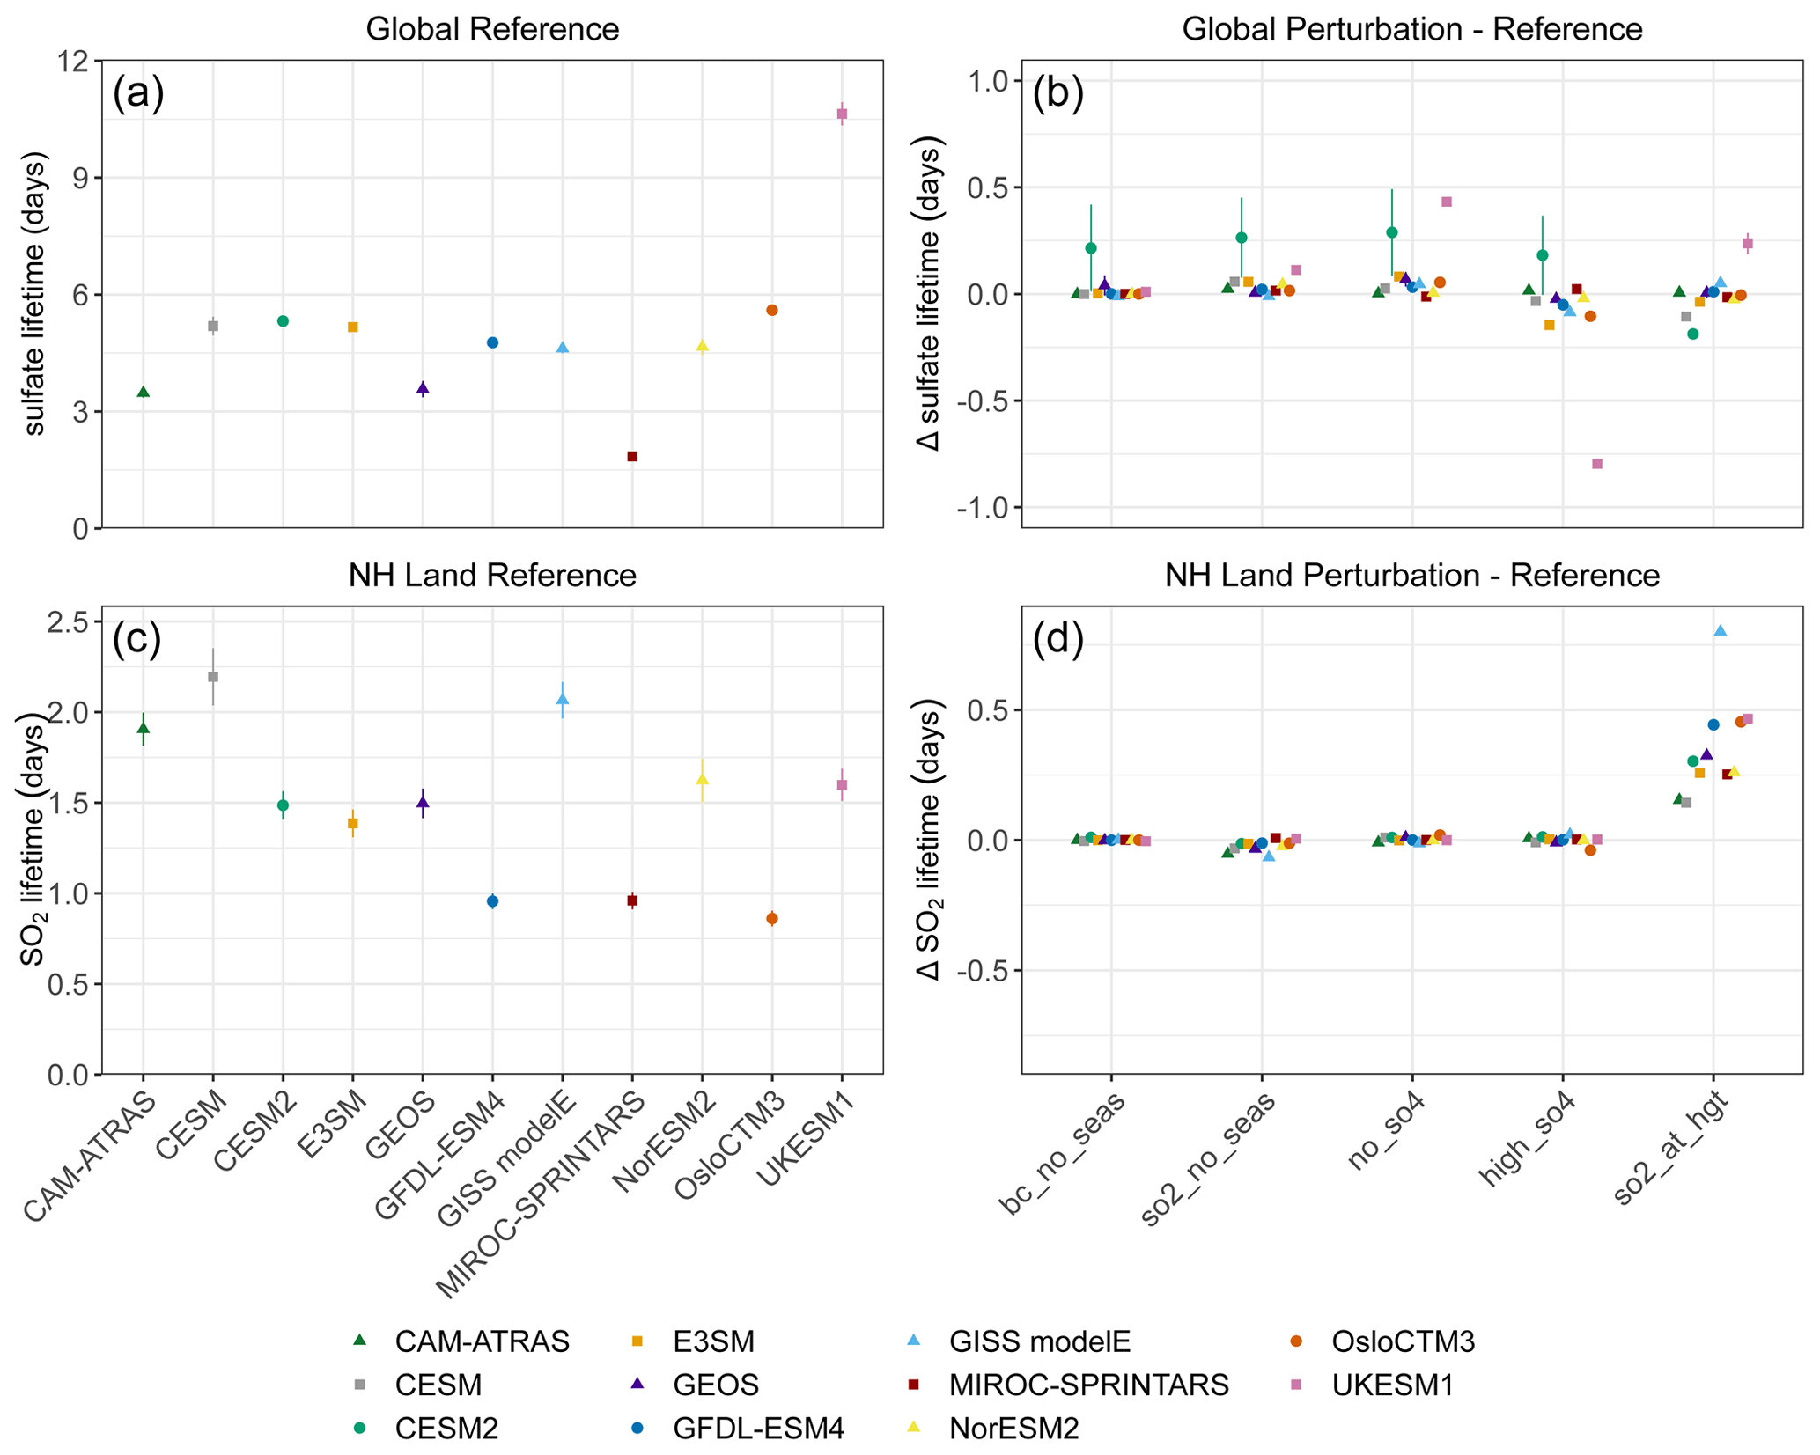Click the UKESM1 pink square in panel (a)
click(842, 114)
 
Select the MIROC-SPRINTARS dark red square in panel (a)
click(632, 456)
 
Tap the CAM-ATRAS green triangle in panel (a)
click(143, 392)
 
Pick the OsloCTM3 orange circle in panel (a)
click(772, 310)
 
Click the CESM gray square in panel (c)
click(212, 677)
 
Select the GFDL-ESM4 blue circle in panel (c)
click(492, 901)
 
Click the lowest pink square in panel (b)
click(1597, 464)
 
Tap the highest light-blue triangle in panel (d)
click(1721, 631)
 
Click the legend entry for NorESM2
click(1013, 1428)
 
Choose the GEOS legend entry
click(715, 1385)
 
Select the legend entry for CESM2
click(446, 1428)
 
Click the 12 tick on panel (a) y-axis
click(76, 62)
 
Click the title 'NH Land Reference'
click(492, 576)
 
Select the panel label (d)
click(1057, 638)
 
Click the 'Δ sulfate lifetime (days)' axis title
click(929, 294)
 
